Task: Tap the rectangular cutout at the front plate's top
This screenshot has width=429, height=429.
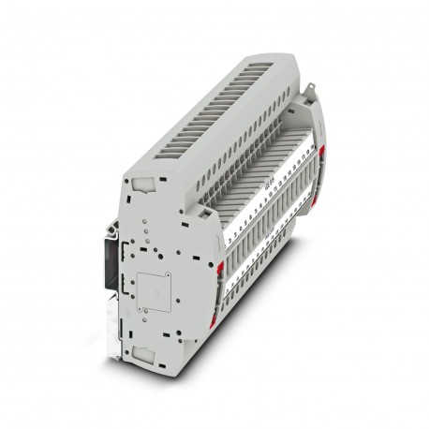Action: pyautogui.click(x=142, y=187)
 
